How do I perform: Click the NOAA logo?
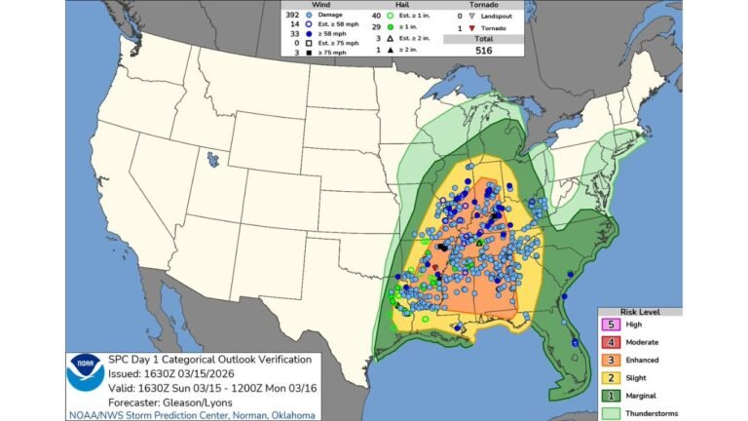click(x=85, y=374)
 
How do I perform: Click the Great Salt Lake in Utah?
click(x=210, y=157)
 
